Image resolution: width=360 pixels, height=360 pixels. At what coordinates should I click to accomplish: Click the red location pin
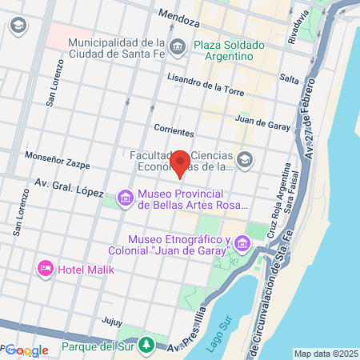181,162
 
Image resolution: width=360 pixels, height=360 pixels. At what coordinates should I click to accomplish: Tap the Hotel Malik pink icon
46,268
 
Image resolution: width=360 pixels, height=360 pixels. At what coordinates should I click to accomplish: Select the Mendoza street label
178,14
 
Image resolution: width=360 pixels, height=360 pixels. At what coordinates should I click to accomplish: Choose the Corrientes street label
174,129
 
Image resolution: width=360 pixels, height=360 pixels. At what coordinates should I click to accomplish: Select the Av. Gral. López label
80,186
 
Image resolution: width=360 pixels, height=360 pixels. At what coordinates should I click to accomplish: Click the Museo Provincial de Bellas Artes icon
125,197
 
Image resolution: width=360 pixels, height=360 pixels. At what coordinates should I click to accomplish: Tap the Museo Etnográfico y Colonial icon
245,248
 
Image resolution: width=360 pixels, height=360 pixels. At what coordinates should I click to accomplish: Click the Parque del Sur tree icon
146,345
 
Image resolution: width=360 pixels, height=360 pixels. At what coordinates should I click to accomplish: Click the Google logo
27,350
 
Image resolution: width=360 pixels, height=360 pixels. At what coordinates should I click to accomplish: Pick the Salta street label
289,77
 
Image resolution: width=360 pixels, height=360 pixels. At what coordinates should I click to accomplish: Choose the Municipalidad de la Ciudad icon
177,45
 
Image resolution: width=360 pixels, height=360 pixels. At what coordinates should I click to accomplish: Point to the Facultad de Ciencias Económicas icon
244,160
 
